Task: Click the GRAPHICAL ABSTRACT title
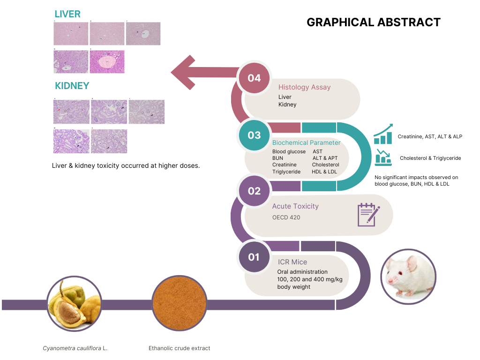pos(373,22)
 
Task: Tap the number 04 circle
pos(254,78)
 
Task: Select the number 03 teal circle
pos(254,135)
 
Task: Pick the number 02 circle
pos(254,191)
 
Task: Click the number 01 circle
pos(254,257)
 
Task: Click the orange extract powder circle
pos(180,303)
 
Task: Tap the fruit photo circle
pos(75,303)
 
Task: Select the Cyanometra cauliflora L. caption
pos(75,348)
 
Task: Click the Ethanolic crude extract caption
pos(180,348)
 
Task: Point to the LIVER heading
pos(67,14)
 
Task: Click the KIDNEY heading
pos(72,86)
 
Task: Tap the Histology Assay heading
pos(304,87)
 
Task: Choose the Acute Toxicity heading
pos(295,206)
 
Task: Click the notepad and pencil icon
pos(368,215)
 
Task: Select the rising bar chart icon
pos(383,135)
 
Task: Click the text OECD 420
pos(286,217)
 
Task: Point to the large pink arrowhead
pos(185,72)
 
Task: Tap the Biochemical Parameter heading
pos(306,142)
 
